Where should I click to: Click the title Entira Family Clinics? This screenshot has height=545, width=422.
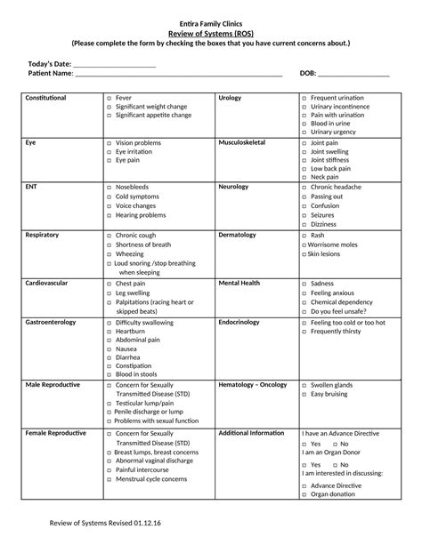pos(211,22)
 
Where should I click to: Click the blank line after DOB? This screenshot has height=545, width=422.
pos(353,76)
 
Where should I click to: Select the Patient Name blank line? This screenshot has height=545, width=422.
pos(178,76)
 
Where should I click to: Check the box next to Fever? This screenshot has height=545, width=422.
pos(110,97)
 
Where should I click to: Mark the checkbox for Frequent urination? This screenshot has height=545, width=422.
pos(304,97)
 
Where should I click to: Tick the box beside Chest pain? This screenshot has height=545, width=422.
pos(110,283)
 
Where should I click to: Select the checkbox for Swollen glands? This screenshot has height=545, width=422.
pos(304,385)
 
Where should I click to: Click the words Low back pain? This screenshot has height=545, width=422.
pos(330,168)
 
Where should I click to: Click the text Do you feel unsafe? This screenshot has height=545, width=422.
pos(338,311)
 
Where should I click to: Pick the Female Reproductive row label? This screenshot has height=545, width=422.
pos(55,432)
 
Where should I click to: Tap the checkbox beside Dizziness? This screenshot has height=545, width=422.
pos(304,224)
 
